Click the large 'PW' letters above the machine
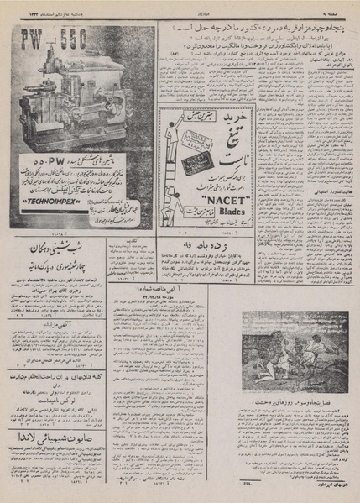pyautogui.click(x=33, y=40)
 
